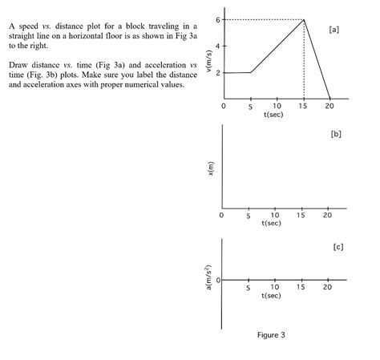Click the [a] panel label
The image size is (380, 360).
(x=334, y=29)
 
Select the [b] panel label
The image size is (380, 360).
(x=336, y=134)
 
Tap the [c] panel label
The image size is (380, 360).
(x=338, y=247)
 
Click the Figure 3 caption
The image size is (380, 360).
(x=271, y=335)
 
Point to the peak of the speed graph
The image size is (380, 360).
(x=304, y=19)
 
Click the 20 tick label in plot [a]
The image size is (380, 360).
(x=329, y=106)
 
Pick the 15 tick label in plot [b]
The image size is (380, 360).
(x=301, y=215)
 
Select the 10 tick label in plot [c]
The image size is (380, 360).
(x=275, y=287)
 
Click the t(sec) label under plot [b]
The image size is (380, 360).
(x=272, y=224)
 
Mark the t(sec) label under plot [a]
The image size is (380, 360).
(x=273, y=115)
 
